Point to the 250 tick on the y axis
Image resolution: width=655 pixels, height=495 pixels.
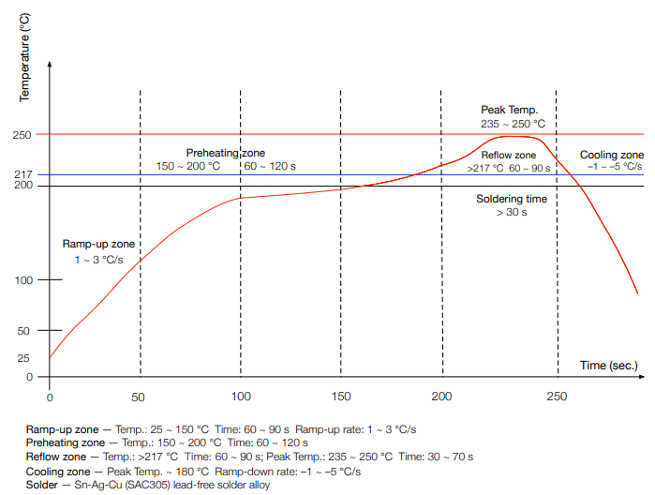pos(23,135)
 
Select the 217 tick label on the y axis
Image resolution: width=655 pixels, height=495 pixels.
pos(23,174)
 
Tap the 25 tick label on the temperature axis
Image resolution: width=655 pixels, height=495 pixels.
pos(24,357)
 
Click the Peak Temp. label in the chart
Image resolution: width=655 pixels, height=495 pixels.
pos(509,110)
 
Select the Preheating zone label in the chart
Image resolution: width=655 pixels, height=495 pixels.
pos(225,153)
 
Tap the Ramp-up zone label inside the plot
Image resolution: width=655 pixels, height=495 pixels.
pos(94,243)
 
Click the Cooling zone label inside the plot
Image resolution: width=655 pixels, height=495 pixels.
pos(612,155)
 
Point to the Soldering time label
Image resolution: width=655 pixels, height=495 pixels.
pos(512,200)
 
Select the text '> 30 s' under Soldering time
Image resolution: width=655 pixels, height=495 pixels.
pos(512,214)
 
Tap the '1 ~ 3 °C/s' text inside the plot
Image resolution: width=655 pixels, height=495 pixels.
pos(98,259)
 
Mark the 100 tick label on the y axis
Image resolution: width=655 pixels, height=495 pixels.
pos(23,280)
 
